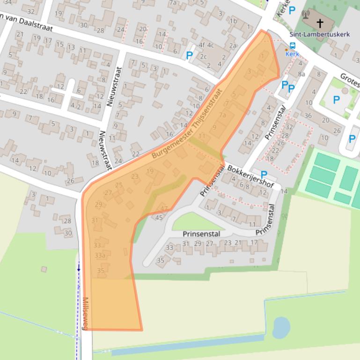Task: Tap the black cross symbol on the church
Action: [320, 22]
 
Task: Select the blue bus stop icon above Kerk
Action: [293, 46]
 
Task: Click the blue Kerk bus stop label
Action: [292, 54]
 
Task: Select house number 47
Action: [164, 209]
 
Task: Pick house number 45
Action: [159, 217]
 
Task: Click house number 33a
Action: [100, 256]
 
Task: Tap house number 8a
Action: [301, 73]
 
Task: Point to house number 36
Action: [308, 115]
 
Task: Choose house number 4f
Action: [202, 45]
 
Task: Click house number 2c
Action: [203, 57]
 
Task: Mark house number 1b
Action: [233, 21]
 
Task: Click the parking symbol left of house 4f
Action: [189, 56]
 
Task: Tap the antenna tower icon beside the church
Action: [306, 14]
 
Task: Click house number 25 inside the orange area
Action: [119, 185]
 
